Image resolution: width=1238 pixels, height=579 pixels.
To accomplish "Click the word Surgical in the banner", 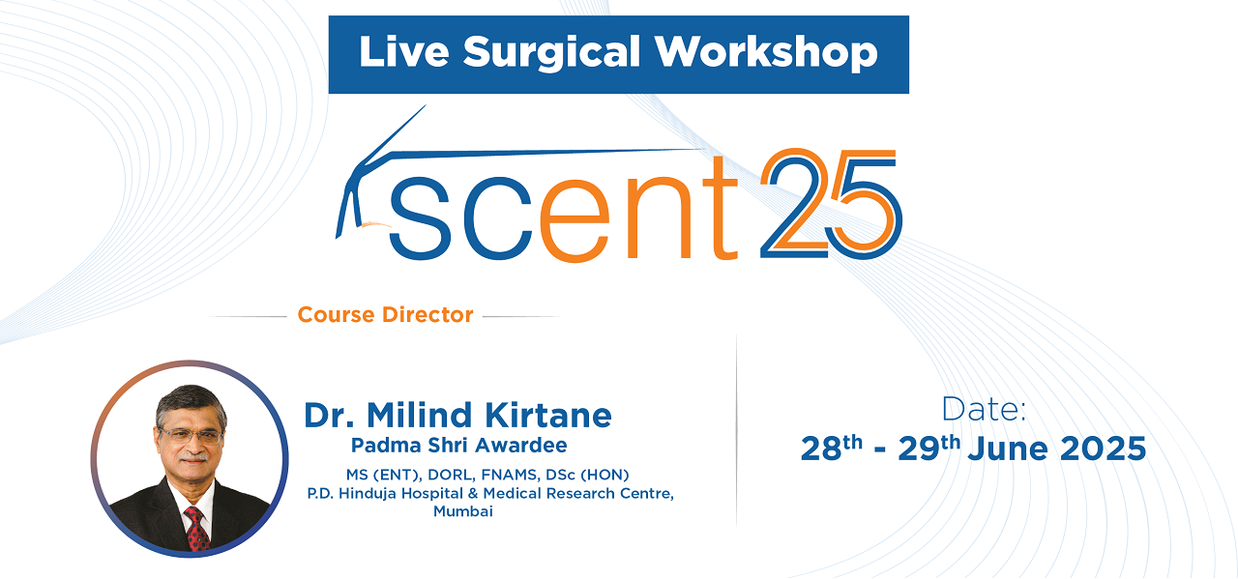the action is pyautogui.click(x=551, y=53).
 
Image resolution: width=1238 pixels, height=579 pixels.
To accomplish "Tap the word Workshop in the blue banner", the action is pyautogui.click(x=767, y=52).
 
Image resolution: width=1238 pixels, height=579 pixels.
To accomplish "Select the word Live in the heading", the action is pyautogui.click(x=404, y=52).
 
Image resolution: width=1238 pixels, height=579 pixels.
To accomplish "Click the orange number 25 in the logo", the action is pyautogui.click(x=831, y=203).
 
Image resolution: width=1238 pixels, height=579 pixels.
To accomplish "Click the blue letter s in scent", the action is pyautogui.click(x=420, y=218).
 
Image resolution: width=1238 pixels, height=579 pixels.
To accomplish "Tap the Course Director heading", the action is pyautogui.click(x=385, y=315).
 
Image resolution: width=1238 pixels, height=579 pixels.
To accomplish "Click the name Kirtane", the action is pyautogui.click(x=548, y=416).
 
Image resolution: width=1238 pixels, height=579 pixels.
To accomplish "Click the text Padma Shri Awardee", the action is pyautogui.click(x=458, y=446).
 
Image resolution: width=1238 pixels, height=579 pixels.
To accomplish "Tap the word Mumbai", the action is pyautogui.click(x=462, y=511).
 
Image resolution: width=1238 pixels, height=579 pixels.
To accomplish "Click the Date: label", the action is pyautogui.click(x=984, y=410).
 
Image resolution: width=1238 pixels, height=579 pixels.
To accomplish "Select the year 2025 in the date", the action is pyautogui.click(x=1104, y=449).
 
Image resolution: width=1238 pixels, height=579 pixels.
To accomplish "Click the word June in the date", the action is pyautogui.click(x=1008, y=449).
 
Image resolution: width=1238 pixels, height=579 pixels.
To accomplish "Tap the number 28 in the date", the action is pyautogui.click(x=821, y=449).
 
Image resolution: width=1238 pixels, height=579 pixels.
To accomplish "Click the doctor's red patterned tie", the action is pyautogui.click(x=195, y=529).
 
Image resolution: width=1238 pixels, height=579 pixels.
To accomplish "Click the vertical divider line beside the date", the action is pyautogui.click(x=736, y=430).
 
